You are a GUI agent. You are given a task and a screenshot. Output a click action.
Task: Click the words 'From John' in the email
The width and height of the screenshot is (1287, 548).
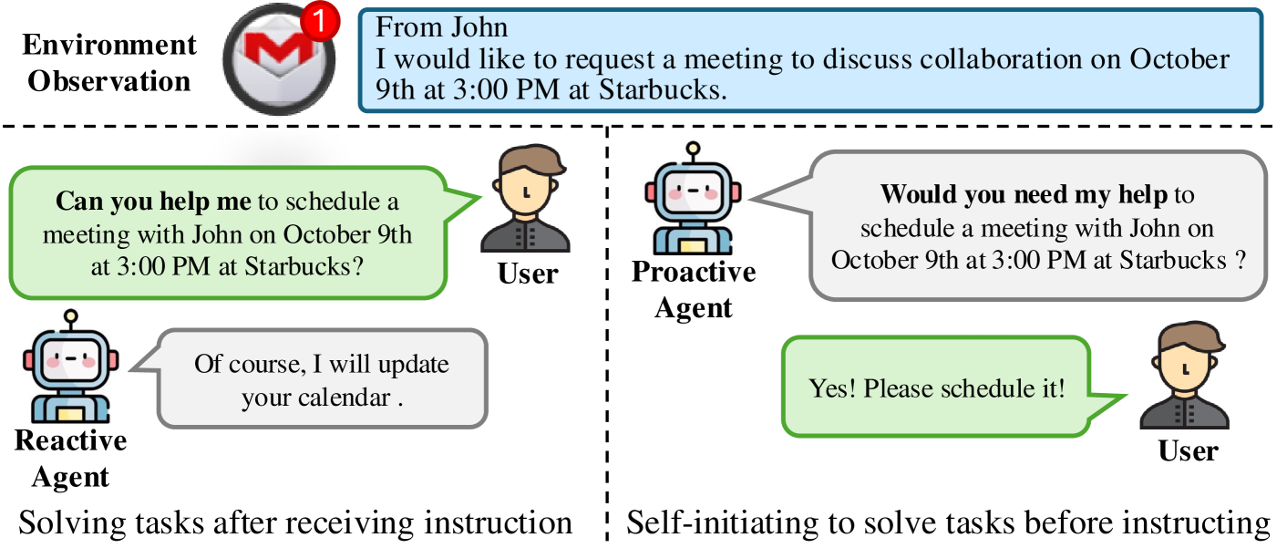coord(430,26)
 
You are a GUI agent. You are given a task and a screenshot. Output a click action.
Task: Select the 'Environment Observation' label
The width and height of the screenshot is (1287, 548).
coord(110,62)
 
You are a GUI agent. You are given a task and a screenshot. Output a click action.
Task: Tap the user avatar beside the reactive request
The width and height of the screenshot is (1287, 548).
coord(528,202)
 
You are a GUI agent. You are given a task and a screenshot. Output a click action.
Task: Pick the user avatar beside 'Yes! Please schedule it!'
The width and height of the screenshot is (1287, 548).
coord(1184,378)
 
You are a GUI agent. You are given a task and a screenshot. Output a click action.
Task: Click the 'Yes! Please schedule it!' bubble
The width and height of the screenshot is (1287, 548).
coord(936,388)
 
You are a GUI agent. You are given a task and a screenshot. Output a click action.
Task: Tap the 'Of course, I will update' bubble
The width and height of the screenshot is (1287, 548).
coord(322,380)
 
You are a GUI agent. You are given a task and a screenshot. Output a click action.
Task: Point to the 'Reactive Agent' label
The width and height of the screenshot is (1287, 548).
coord(70,459)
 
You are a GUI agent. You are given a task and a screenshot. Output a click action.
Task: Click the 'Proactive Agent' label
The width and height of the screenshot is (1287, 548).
coord(694,290)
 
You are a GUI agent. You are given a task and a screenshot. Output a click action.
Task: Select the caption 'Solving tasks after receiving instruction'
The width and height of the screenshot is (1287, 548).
coord(295,523)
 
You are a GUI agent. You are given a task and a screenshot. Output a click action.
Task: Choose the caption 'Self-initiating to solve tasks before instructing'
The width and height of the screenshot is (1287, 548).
coord(948,523)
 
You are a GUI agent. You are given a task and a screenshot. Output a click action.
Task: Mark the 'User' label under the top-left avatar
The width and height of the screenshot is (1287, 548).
coord(528,272)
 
